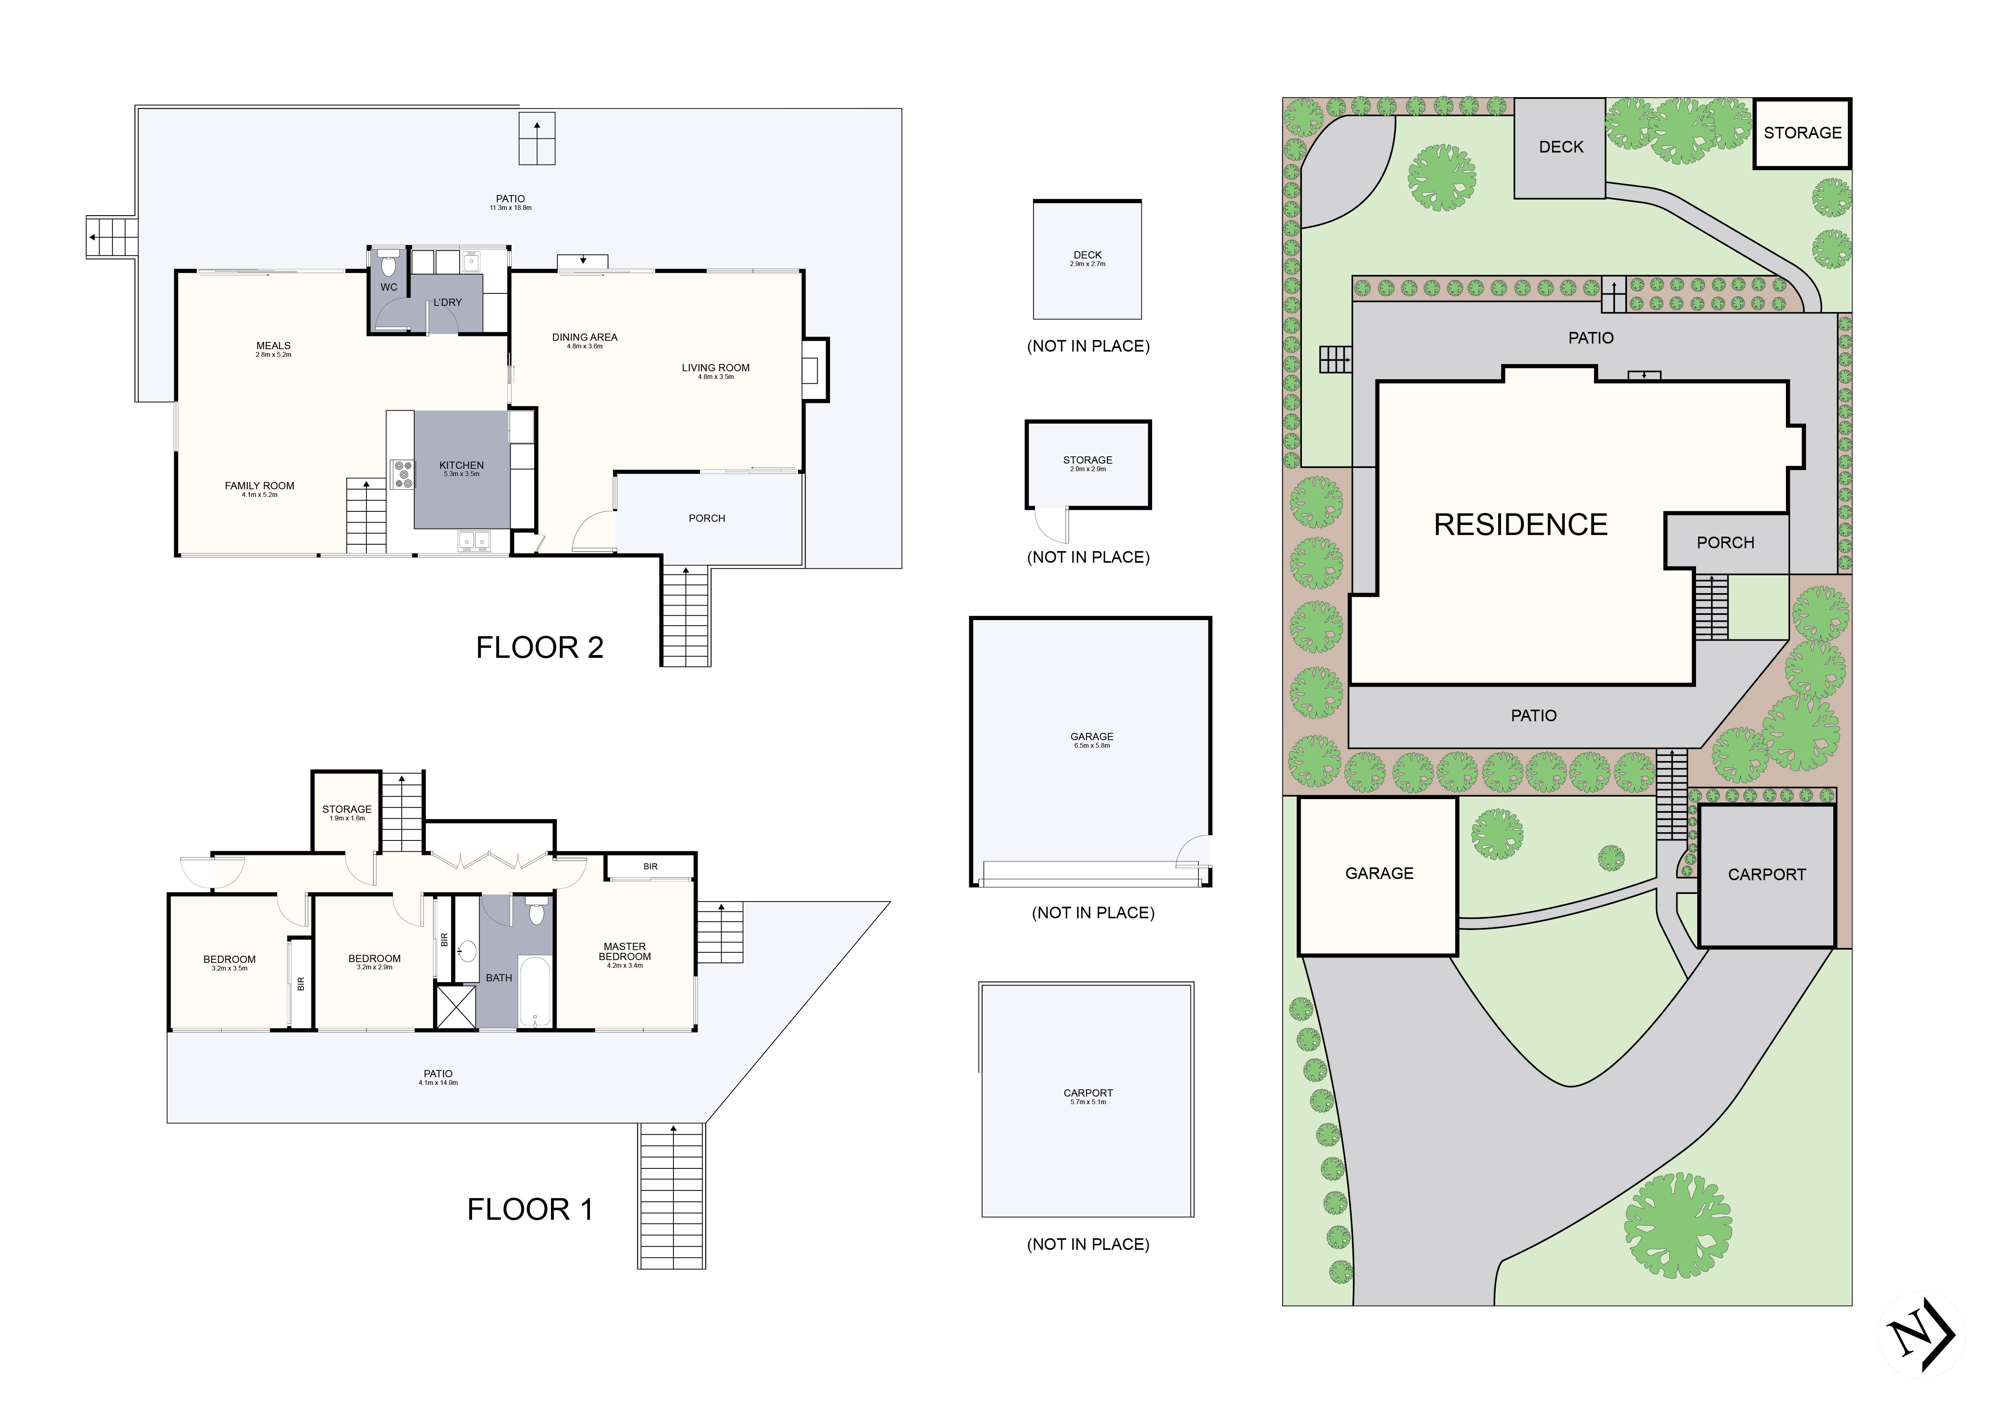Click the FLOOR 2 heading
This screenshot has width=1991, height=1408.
point(539,648)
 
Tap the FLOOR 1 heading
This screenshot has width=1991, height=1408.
point(530,1209)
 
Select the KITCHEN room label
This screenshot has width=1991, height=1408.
point(462,466)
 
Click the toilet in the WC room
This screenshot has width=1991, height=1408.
point(388,264)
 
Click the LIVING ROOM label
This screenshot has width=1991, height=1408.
point(716,368)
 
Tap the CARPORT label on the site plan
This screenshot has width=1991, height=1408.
point(1766,875)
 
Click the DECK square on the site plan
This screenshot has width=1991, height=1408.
point(1560,147)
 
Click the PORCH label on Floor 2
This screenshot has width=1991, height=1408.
point(707,519)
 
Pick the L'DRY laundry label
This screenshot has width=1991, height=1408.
point(447,303)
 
